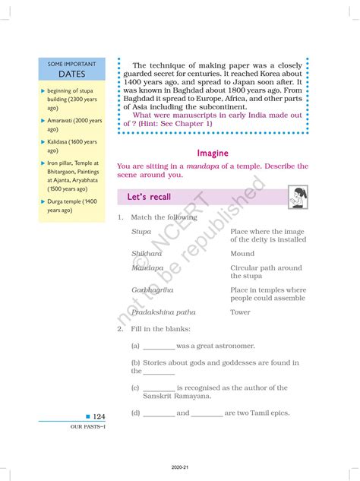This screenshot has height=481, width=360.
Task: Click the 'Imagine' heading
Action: tap(213, 153)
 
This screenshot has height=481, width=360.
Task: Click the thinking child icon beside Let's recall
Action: tap(298, 197)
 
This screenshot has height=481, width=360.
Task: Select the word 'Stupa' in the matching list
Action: tap(141, 231)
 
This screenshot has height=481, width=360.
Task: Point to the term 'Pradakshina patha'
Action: tap(163, 312)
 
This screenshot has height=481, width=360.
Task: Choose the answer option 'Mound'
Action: tap(242, 254)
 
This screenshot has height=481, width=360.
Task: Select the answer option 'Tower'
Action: tap(240, 312)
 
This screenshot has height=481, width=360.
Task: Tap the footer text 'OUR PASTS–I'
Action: tap(66, 428)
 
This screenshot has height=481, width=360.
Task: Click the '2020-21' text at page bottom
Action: tap(180, 471)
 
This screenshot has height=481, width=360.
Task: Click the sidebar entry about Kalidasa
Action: tap(71, 146)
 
